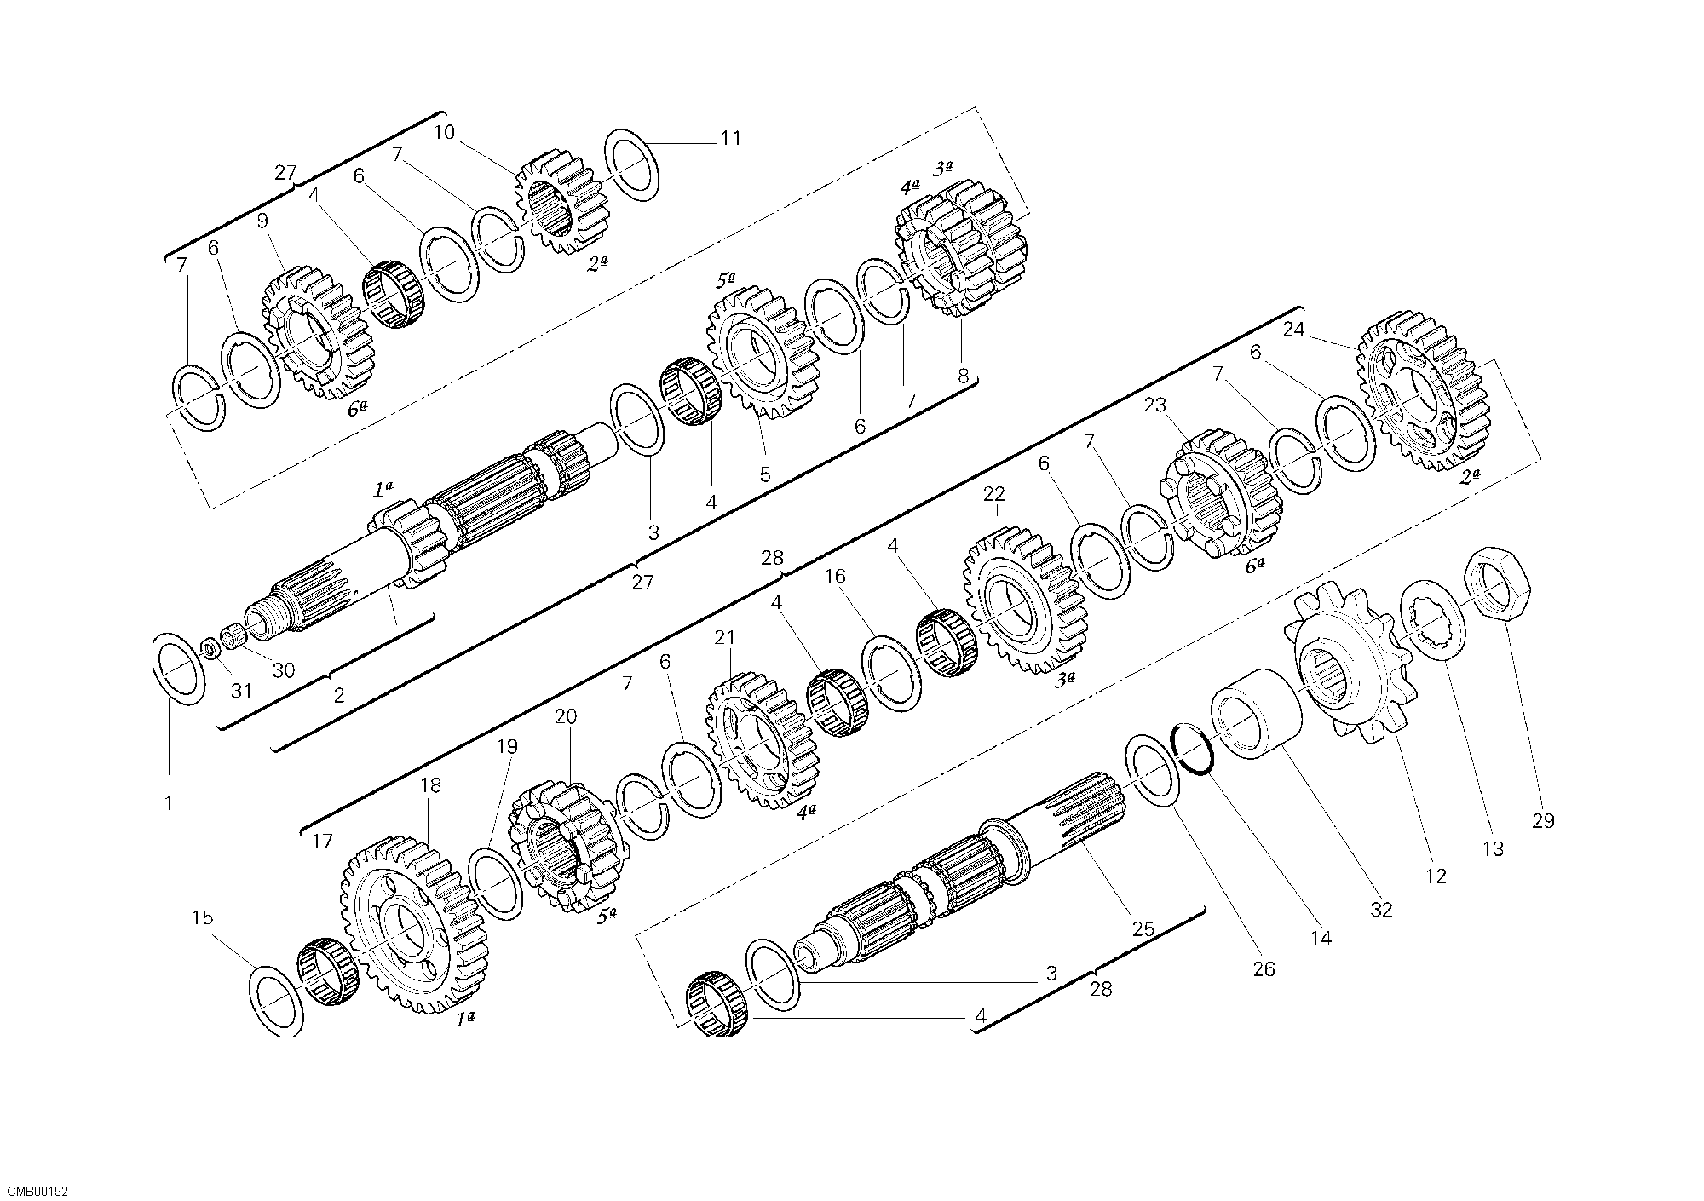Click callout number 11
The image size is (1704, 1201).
731,138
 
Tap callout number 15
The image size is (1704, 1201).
203,918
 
